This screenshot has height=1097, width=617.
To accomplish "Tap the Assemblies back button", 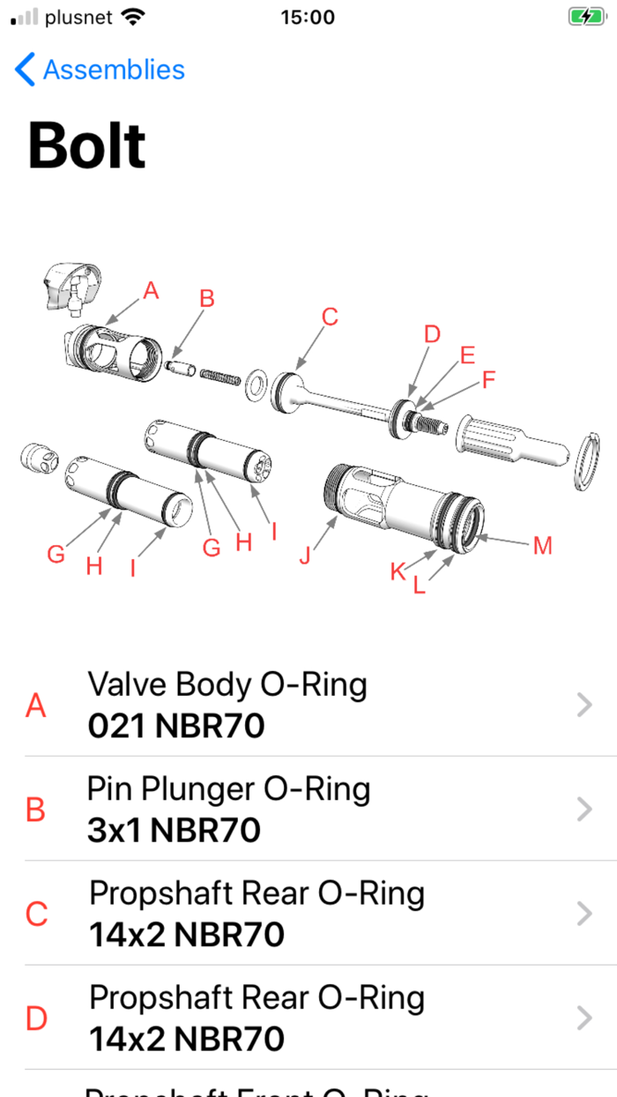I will pyautogui.click(x=100, y=70).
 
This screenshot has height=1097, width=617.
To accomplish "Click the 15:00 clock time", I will pyautogui.click(x=308, y=17).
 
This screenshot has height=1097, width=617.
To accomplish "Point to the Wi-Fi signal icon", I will pyautogui.click(x=133, y=17).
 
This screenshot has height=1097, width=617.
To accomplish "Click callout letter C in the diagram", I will pyautogui.click(x=330, y=317).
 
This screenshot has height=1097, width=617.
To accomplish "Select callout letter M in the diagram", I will pyautogui.click(x=542, y=546).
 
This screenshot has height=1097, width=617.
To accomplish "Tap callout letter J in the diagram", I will pyautogui.click(x=305, y=557).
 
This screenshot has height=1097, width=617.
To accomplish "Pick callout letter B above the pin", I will pyautogui.click(x=206, y=299).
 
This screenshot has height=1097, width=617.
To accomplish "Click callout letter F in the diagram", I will pyautogui.click(x=488, y=380).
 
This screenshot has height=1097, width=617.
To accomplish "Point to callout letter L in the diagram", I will pyautogui.click(x=420, y=585).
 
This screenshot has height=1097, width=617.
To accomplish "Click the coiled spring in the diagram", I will pyautogui.click(x=220, y=376).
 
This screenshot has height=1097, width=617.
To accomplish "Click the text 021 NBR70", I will pyautogui.click(x=176, y=727).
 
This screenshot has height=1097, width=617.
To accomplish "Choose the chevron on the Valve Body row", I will pyautogui.click(x=584, y=705).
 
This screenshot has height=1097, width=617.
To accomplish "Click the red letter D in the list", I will pyautogui.click(x=36, y=1019).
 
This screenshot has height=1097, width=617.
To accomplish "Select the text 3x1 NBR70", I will pyautogui.click(x=174, y=831).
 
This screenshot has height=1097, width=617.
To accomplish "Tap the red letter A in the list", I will pyautogui.click(x=35, y=705).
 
